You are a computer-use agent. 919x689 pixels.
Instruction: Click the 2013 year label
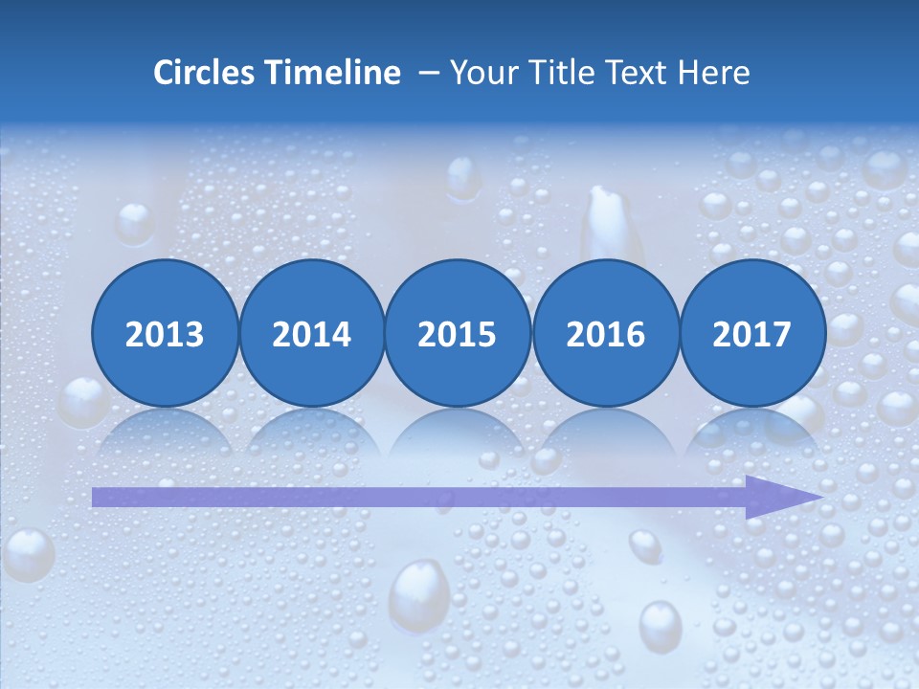click(x=165, y=334)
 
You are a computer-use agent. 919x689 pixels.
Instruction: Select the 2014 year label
click(x=311, y=334)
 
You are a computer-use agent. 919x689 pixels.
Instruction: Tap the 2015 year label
click(x=458, y=334)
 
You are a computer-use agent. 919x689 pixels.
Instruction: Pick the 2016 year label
click(x=605, y=334)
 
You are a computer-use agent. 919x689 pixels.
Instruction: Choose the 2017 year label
click(x=751, y=334)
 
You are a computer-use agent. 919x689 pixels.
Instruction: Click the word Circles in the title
click(x=204, y=73)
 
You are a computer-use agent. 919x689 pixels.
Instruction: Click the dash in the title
click(x=429, y=74)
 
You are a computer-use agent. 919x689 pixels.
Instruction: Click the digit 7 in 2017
click(x=781, y=334)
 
